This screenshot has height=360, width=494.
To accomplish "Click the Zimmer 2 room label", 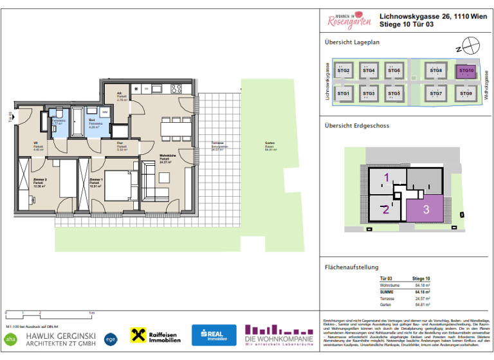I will pyautogui.click(x=38, y=181).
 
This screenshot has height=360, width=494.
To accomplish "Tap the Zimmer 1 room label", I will pyautogui.click(x=96, y=181).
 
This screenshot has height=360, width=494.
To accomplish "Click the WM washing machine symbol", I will pyautogui.click(x=104, y=113).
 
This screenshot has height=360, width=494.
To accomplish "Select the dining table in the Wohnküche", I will pyautogui.click(x=173, y=128).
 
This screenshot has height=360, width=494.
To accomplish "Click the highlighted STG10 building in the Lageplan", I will pyautogui.click(x=466, y=71).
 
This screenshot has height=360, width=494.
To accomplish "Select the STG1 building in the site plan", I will pyautogui.click(x=343, y=94).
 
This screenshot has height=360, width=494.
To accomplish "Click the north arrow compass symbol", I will pyautogui.click(x=472, y=47).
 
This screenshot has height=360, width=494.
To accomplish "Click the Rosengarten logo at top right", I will pyautogui.click(x=349, y=22).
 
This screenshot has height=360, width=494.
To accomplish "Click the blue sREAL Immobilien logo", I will pyautogui.click(x=214, y=335).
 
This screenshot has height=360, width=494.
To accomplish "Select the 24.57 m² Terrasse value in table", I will pyautogui.click(x=421, y=299).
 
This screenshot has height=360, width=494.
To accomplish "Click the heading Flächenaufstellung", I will pyautogui.click(x=351, y=267).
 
